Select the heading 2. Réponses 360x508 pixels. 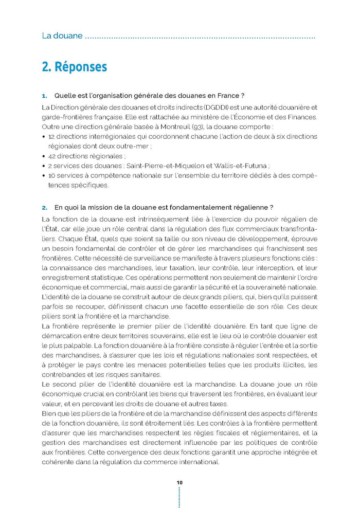coord(74,67)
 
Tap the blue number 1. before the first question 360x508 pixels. coord(44,96)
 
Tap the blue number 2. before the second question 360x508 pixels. coord(44,208)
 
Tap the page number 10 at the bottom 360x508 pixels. coord(179,483)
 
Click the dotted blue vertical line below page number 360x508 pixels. coord(179,498)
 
